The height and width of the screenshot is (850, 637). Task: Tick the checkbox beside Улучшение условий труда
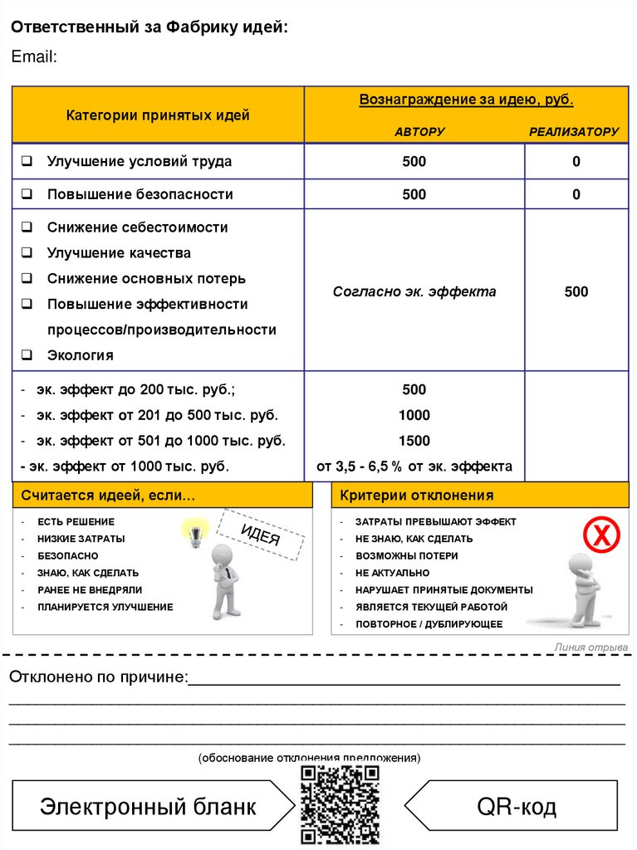tap(27, 162)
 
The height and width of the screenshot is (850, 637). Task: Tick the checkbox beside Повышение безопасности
tap(27, 195)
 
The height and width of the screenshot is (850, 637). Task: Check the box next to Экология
tap(27, 355)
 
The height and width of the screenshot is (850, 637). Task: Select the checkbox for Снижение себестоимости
tap(27, 227)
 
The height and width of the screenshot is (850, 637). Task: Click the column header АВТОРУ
tap(419, 132)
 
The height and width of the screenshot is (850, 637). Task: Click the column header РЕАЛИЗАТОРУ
tap(575, 132)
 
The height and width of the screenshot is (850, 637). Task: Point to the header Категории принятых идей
tap(158, 115)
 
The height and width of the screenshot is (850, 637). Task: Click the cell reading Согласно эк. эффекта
tap(414, 291)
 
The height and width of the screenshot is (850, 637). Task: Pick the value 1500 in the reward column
tap(414, 441)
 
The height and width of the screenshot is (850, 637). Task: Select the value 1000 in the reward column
tap(414, 415)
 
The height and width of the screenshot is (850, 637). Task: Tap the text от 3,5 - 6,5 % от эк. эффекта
tap(414, 467)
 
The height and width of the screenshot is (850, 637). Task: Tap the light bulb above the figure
tap(196, 532)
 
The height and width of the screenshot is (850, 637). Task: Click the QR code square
tap(340, 804)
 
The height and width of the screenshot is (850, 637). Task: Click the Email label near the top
tap(34, 56)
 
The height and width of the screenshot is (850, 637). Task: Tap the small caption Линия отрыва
tap(590, 647)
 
